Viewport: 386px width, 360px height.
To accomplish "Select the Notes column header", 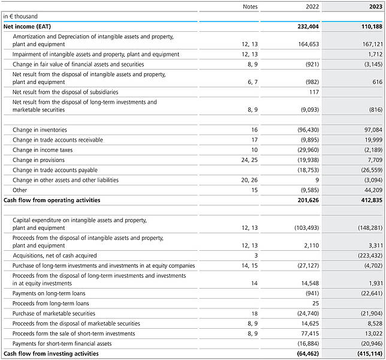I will pyautogui.click(x=250, y=7).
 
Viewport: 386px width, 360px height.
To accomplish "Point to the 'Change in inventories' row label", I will pyautogui.click(x=40, y=130).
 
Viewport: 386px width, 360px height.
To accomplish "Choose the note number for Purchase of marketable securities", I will pyautogui.click(x=254, y=313).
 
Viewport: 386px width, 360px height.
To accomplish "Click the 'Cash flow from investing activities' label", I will pyautogui.click(x=51, y=353).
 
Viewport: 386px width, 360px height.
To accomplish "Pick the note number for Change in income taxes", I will pyautogui.click(x=254, y=150).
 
